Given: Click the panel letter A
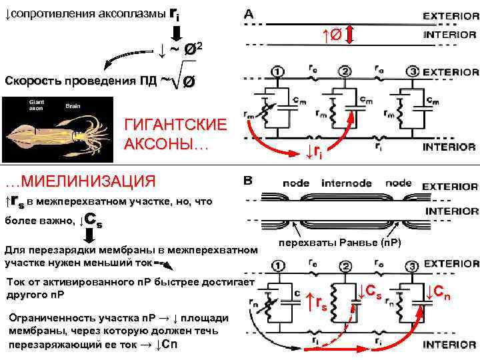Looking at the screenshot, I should coord(249,13).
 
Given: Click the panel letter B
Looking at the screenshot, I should coord(249,181).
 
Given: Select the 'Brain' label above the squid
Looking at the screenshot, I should coord(72,106).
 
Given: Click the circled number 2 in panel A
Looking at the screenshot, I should coord(345,71).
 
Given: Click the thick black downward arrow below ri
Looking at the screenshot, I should coord(177,30).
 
